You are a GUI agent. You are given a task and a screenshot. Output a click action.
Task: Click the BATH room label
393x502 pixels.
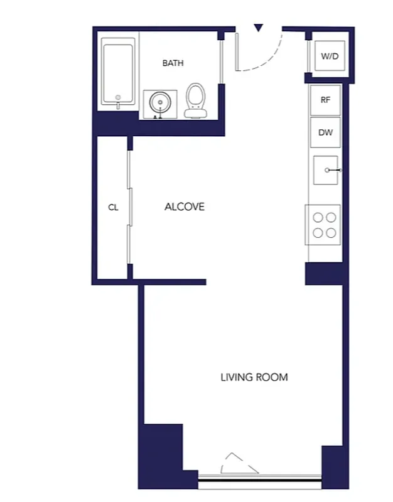click(x=173, y=63)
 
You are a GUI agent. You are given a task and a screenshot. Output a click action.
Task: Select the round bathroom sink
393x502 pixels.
click(x=159, y=103)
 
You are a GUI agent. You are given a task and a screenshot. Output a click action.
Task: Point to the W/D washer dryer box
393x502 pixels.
click(x=329, y=56)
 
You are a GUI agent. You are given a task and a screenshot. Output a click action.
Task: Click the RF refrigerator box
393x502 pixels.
click(x=325, y=100)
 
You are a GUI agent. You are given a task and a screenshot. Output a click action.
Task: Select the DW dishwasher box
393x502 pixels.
click(x=325, y=132)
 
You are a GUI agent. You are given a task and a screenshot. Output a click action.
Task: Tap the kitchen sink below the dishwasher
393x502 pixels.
click(x=326, y=170)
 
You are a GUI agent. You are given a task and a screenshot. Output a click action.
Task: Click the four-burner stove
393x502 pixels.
click(x=324, y=225)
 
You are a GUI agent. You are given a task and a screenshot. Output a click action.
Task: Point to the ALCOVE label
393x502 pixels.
click(x=184, y=207)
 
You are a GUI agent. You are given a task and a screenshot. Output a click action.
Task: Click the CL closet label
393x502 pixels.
click(x=113, y=208)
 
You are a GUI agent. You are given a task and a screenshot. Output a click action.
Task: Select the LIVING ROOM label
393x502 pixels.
click(x=254, y=377)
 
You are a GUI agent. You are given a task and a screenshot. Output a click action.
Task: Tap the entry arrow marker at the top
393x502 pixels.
click(x=258, y=28)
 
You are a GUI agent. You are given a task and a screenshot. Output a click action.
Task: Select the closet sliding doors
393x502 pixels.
click(x=129, y=207)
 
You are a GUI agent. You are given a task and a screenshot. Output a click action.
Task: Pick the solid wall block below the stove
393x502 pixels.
click(x=324, y=274)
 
